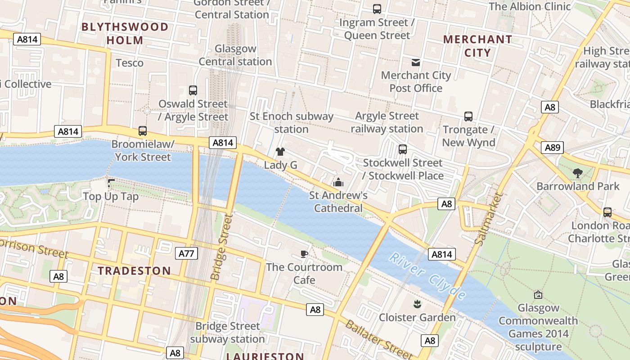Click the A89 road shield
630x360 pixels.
pos(552,148)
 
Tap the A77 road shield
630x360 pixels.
pos(186,253)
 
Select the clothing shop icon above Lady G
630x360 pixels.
pos(280,152)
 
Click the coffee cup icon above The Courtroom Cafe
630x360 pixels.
pos(304,254)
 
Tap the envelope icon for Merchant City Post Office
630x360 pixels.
pos(416,63)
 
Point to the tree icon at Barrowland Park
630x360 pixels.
pos(578,173)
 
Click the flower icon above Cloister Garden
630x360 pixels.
pos(417,304)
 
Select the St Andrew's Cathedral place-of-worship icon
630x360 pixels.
pos(338,182)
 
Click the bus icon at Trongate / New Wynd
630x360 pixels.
pos(468,117)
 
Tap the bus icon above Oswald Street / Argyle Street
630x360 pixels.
pos(193,90)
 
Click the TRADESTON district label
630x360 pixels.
pos(135,270)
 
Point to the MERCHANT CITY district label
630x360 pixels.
pos(477,46)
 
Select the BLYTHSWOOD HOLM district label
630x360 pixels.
pos(125,34)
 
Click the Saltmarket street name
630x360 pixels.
pos(488,219)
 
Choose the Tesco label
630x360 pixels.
pos(130,63)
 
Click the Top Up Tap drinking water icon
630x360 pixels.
pos(111,183)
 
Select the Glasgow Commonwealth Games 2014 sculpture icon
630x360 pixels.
pos(538,295)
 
